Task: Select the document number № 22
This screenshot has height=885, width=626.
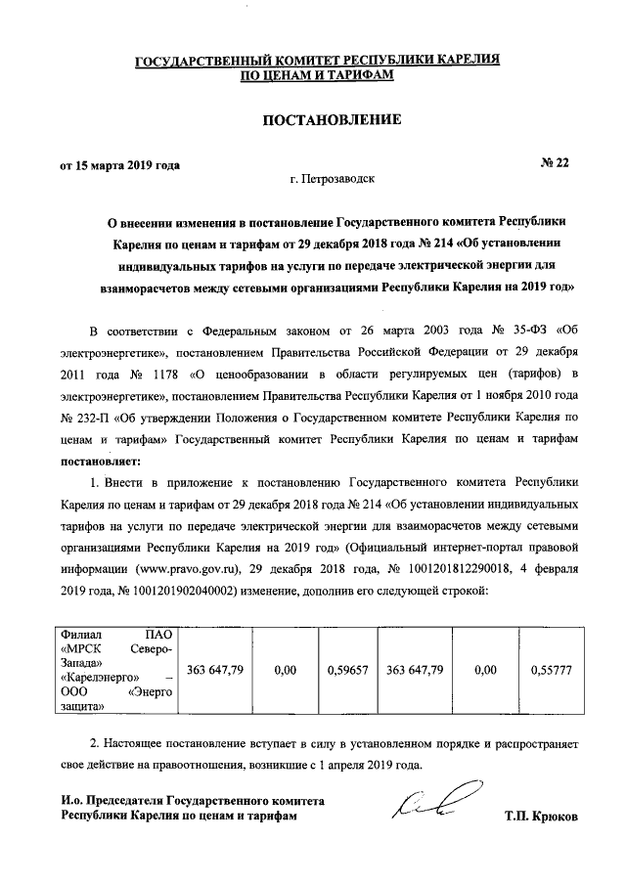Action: (553, 163)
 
